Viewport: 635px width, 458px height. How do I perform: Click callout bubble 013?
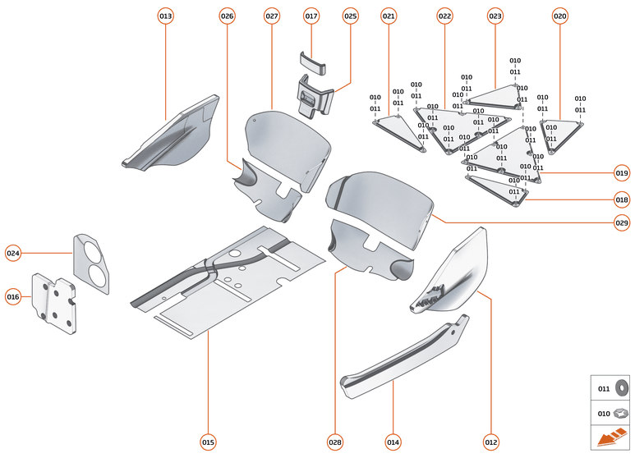[x=166, y=16]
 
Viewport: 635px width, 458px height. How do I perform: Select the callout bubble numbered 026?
[x=228, y=16]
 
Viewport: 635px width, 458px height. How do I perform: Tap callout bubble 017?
[x=311, y=16]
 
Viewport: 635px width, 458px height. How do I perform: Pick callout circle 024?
[x=13, y=253]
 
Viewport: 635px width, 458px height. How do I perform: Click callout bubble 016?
[x=13, y=296]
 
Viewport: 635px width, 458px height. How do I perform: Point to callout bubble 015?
[x=208, y=442]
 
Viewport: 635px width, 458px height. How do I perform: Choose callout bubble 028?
[x=335, y=442]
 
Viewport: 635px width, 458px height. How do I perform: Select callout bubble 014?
[x=393, y=442]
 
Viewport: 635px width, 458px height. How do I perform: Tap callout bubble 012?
[x=491, y=442]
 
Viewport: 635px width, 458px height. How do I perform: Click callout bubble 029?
[x=621, y=222]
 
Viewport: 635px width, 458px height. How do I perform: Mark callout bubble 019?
[x=621, y=173]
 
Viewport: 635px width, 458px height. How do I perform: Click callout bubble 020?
[x=559, y=16]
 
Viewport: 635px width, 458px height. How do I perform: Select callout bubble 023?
[x=495, y=16]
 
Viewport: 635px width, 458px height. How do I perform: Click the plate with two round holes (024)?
[x=92, y=262]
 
